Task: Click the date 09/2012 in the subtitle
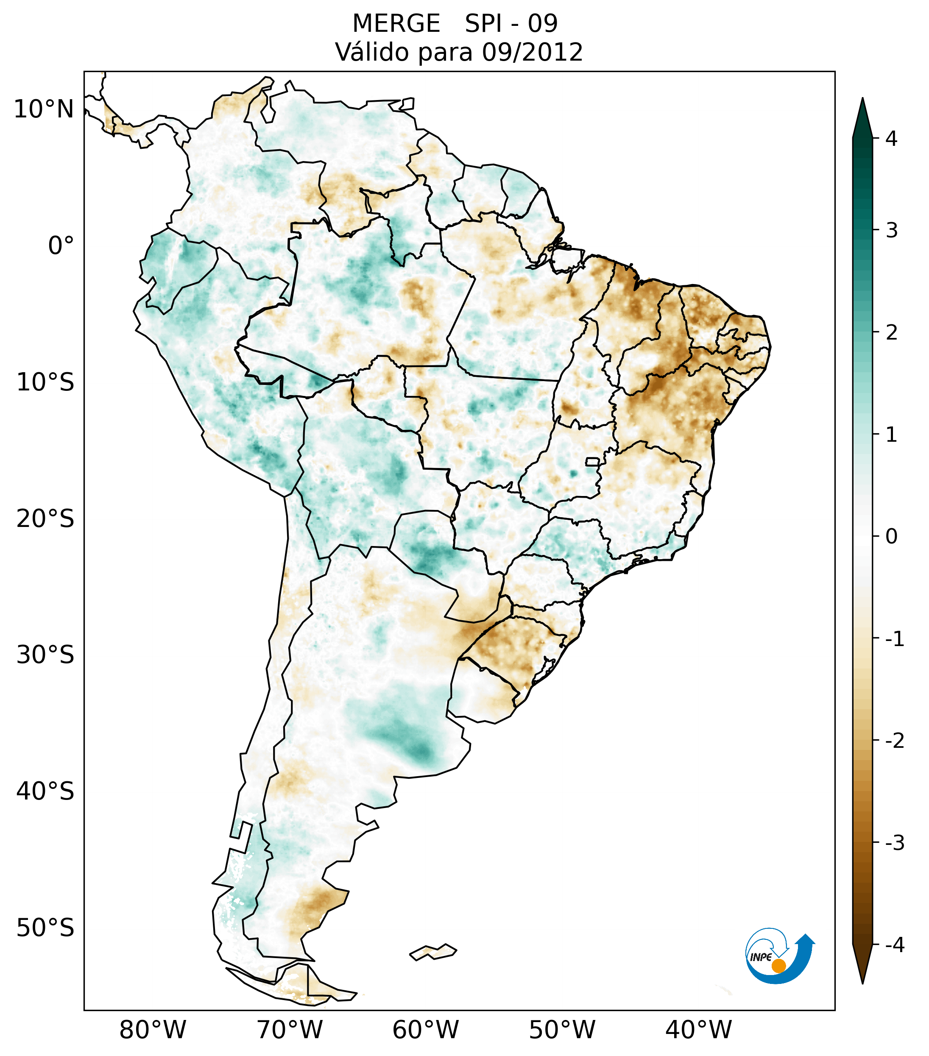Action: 532,52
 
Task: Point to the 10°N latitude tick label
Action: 44,109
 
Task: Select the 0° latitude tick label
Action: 61,246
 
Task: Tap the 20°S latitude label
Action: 45,519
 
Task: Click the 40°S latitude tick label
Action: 45,791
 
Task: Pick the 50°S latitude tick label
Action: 45,928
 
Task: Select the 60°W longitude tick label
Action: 425,1030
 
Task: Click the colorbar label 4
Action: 891,139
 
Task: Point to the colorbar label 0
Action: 891,537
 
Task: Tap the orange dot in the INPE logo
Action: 778,966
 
